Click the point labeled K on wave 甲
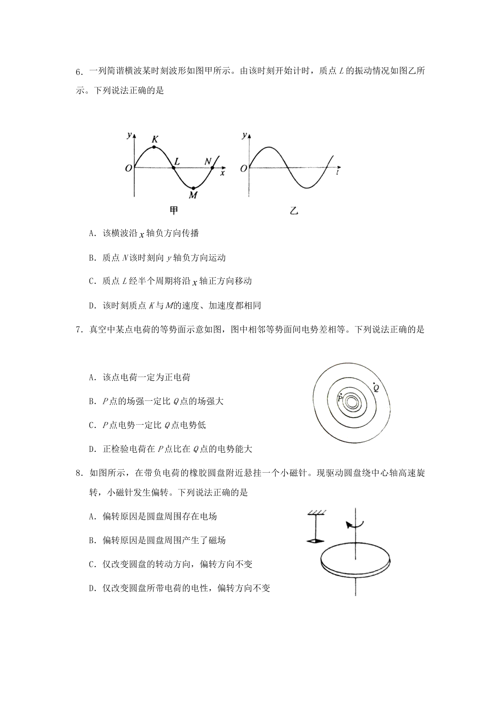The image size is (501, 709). pos(154,147)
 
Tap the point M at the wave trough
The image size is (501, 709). pos(194,188)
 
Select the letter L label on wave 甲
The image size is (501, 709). pos(177,162)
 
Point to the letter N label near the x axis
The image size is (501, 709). pos(207,162)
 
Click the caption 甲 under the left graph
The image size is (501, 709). pos(174,210)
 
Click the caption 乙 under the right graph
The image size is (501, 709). pos(294,210)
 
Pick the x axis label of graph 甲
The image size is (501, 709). pos(223,173)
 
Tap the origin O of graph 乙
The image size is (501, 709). pos(243,169)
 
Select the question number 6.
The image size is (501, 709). pos(78,72)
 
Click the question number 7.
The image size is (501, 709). pos(78,330)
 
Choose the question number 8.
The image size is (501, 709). pos(78,473)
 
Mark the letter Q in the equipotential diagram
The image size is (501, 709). pos(376,388)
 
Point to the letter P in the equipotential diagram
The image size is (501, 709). pos(339,398)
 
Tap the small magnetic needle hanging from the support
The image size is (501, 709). pos(315,541)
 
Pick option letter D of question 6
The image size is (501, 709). pos(92,306)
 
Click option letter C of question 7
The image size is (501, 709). pos(92,425)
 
